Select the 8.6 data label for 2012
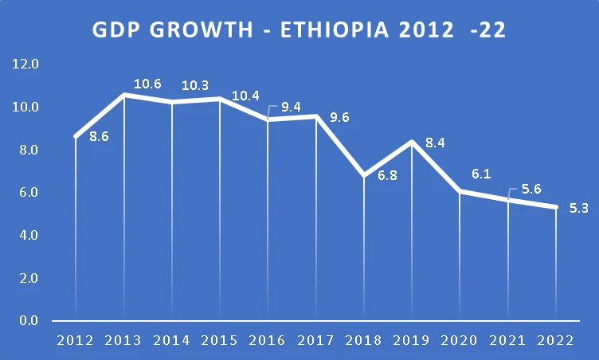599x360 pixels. (x=99, y=136)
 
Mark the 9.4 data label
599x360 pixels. (x=291, y=108)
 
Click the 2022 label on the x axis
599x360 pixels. (x=556, y=341)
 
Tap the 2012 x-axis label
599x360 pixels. (x=76, y=341)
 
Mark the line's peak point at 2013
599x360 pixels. (x=123, y=95)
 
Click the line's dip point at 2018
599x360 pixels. (x=364, y=175)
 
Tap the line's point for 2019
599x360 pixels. (x=412, y=142)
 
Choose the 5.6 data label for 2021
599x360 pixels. (x=531, y=190)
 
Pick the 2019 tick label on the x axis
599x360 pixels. (x=413, y=341)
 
